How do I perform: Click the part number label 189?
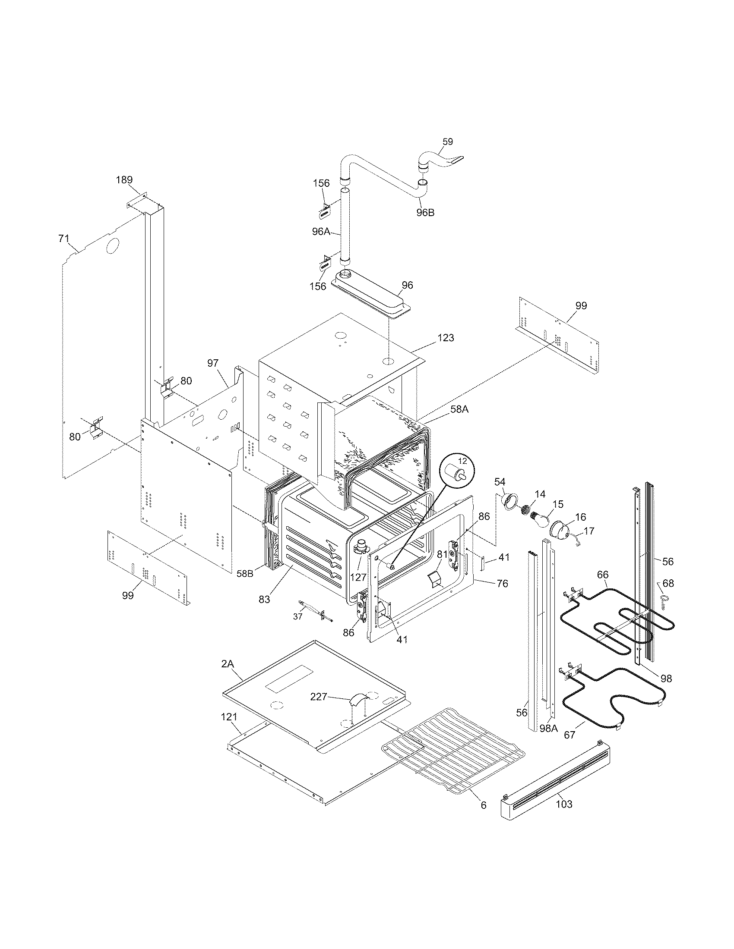(124, 180)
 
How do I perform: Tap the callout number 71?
(63, 238)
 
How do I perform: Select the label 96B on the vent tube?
(425, 213)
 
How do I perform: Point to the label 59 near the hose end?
(447, 141)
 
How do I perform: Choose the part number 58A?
(459, 409)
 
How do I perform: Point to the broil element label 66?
(602, 575)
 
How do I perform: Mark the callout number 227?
(319, 697)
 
